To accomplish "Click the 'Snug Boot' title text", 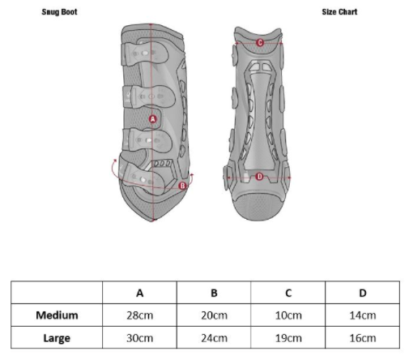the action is coord(59,12).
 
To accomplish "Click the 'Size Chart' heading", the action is coord(339,12).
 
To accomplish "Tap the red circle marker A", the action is coord(153,119).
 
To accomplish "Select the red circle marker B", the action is coord(183,186).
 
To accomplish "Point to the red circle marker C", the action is coord(260,42).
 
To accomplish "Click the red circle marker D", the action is coord(259,177).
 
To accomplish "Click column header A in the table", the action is coord(140,293).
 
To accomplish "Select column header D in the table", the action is coord(363,293).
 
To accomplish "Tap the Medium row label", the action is coord(57,315).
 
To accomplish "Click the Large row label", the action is coord(57,338).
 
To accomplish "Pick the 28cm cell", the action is coord(140,315).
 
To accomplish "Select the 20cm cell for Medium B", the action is coord(214,315).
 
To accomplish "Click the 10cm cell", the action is coord(288,315).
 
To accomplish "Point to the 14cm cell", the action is coord(363,315).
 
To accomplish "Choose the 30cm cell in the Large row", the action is coord(140,338).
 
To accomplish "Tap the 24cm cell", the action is coord(214,338).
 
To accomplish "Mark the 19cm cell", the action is coord(288,338).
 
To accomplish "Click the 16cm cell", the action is coord(363,338).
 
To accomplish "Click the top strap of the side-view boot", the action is coord(145,54).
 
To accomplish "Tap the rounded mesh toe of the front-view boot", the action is coord(258,206).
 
